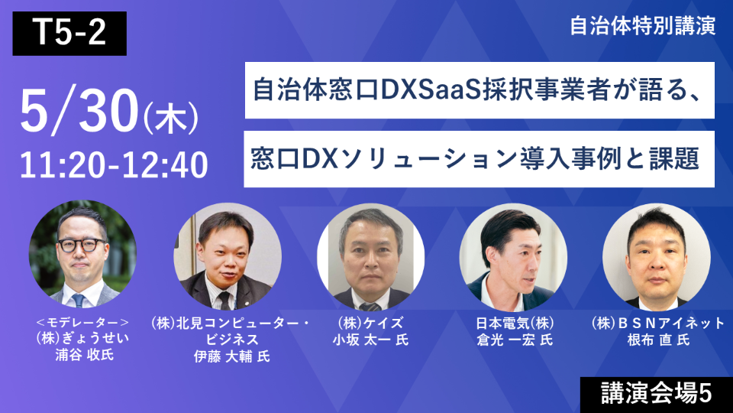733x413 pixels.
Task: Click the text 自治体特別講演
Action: coord(642,26)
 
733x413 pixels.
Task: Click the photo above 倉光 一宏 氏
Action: coord(513,256)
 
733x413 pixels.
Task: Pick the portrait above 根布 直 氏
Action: coord(656,256)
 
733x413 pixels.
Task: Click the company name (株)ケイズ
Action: coord(371,323)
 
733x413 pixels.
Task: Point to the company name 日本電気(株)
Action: coord(513,323)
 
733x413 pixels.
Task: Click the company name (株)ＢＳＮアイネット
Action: coord(656,323)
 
